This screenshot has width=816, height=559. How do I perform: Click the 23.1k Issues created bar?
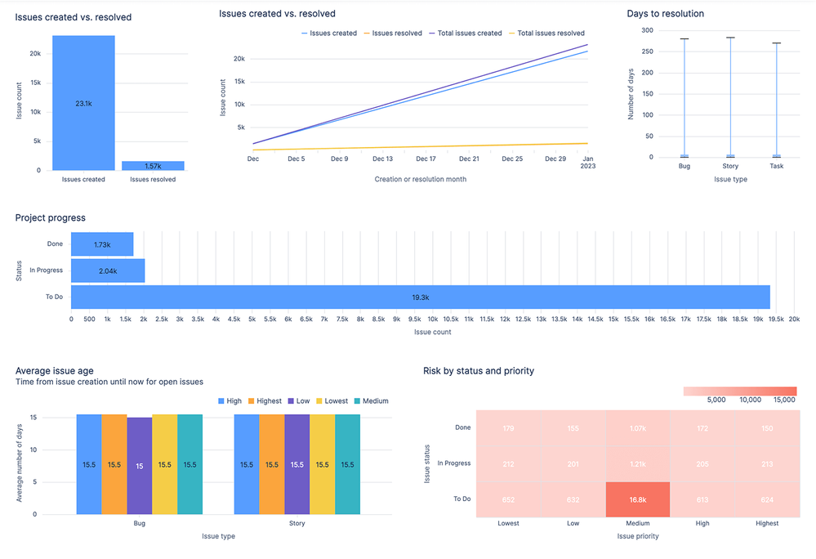(83, 103)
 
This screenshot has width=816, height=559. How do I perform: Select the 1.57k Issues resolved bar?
(153, 166)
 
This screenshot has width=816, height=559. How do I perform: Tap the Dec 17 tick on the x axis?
(426, 159)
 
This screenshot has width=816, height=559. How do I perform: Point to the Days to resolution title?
(665, 14)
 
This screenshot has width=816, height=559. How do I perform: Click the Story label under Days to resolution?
(730, 166)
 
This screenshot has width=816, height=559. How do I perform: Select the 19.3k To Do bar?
(420, 297)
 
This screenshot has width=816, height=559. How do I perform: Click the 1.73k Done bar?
(102, 244)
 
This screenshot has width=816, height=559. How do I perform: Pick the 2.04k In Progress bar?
(107, 271)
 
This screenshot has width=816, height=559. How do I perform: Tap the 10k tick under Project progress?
(432, 320)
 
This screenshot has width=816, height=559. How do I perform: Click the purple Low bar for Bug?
(140, 465)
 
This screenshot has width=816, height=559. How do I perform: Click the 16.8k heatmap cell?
(637, 499)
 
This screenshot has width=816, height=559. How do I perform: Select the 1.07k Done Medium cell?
(637, 428)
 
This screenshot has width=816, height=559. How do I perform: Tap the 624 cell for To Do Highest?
(766, 499)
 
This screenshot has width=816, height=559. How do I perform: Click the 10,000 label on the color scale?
(750, 400)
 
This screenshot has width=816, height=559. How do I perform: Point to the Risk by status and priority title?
(478, 371)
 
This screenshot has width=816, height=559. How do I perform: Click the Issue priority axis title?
(637, 536)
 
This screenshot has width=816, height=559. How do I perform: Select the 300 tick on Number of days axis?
(647, 30)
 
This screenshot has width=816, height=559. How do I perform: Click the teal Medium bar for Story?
(347, 465)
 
